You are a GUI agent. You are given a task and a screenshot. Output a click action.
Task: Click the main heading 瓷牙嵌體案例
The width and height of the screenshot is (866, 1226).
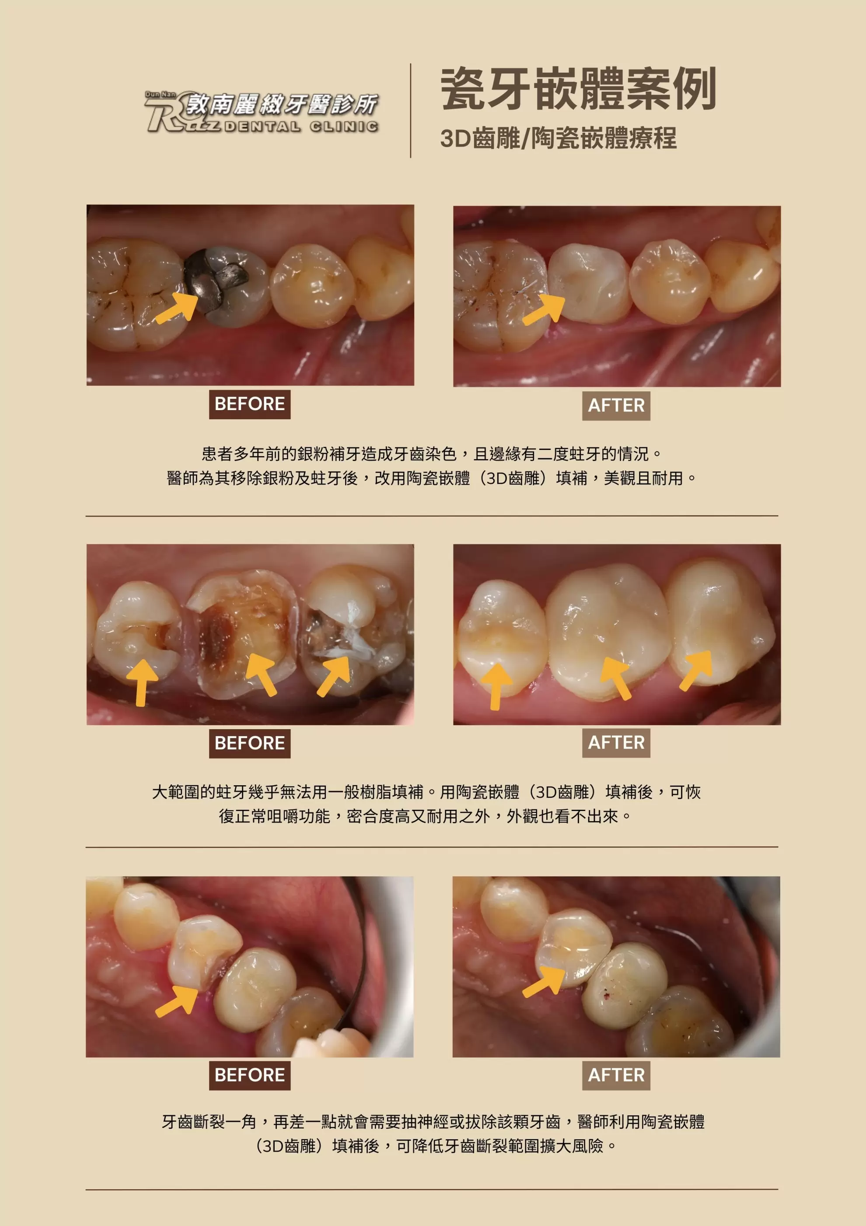click(578, 89)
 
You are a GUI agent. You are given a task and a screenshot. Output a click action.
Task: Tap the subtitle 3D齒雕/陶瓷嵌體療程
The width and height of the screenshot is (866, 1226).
click(559, 138)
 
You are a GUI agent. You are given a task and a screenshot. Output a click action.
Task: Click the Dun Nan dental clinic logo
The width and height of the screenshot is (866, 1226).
click(262, 112)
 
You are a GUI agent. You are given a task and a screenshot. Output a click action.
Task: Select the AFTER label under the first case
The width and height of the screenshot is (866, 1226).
click(616, 406)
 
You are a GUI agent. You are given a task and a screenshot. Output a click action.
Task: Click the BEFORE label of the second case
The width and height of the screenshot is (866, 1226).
click(250, 743)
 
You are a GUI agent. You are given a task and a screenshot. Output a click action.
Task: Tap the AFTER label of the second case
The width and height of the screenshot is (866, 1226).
click(616, 743)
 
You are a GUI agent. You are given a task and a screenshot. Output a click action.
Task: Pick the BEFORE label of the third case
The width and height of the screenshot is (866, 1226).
click(250, 1075)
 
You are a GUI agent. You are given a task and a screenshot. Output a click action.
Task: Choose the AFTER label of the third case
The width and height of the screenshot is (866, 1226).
click(616, 1075)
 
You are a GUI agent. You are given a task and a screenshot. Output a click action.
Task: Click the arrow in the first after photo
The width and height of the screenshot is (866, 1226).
click(544, 310)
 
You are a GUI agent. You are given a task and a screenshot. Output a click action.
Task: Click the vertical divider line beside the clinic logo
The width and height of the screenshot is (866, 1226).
click(410, 111)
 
